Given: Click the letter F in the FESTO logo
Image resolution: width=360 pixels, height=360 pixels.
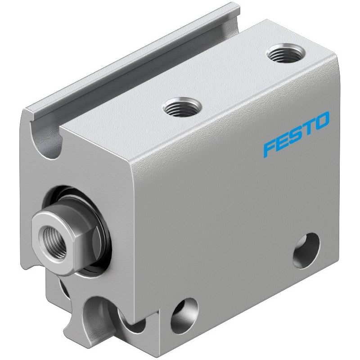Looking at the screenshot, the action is coord(270,148).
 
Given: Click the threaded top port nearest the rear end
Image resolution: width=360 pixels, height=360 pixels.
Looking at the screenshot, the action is coord(286,53).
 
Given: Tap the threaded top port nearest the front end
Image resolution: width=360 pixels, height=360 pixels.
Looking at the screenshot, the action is coord(182,107).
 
